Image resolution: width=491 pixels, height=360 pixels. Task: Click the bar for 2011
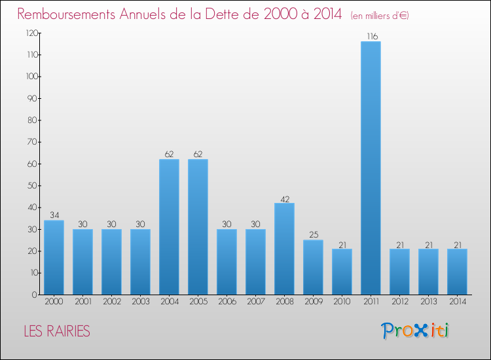371,168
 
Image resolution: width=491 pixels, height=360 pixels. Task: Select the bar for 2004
169,227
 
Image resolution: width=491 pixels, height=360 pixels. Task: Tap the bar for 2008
284,249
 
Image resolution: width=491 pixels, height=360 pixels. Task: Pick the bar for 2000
54,257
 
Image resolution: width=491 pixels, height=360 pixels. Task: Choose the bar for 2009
313,267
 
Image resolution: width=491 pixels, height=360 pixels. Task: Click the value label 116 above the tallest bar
371,37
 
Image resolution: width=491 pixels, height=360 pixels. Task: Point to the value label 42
284,198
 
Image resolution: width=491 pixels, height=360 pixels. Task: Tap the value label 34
54,215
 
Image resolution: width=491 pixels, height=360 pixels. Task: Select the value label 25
313,235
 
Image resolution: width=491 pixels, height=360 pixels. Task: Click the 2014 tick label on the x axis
457,302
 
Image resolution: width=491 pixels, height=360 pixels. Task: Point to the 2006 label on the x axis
227,302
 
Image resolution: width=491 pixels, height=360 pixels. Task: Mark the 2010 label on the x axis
342,302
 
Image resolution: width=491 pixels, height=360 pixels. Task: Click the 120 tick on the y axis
30,33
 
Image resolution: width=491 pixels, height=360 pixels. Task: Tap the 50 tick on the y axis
31,185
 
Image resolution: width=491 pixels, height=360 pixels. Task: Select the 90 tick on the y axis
31,98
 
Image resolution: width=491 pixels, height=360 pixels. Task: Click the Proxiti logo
415,331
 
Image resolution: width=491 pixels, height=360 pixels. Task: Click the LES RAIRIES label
57,331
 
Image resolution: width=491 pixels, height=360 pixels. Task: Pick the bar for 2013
428,272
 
